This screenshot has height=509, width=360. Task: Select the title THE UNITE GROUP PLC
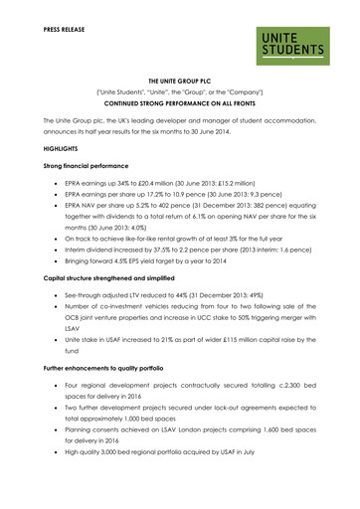[179, 90]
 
